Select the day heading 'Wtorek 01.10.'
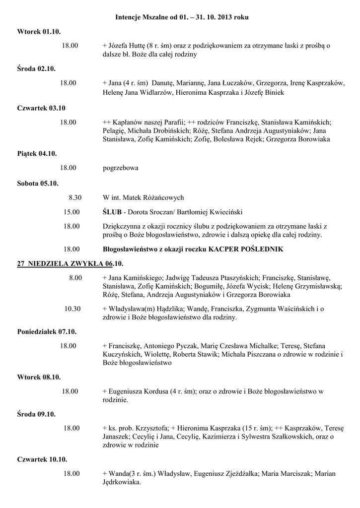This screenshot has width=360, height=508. [39, 32]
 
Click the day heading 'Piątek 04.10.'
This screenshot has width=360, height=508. [37, 154]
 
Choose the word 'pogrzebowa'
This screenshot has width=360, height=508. [120, 168]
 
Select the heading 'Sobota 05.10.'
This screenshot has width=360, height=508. [38, 183]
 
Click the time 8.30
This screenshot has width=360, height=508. [75, 197]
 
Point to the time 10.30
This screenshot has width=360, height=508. [72, 309]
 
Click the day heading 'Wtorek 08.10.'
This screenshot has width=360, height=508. [39, 377]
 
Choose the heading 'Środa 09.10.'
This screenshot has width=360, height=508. [36, 414]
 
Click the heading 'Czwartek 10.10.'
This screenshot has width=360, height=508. [42, 459]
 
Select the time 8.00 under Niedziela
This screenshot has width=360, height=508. [75, 277]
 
